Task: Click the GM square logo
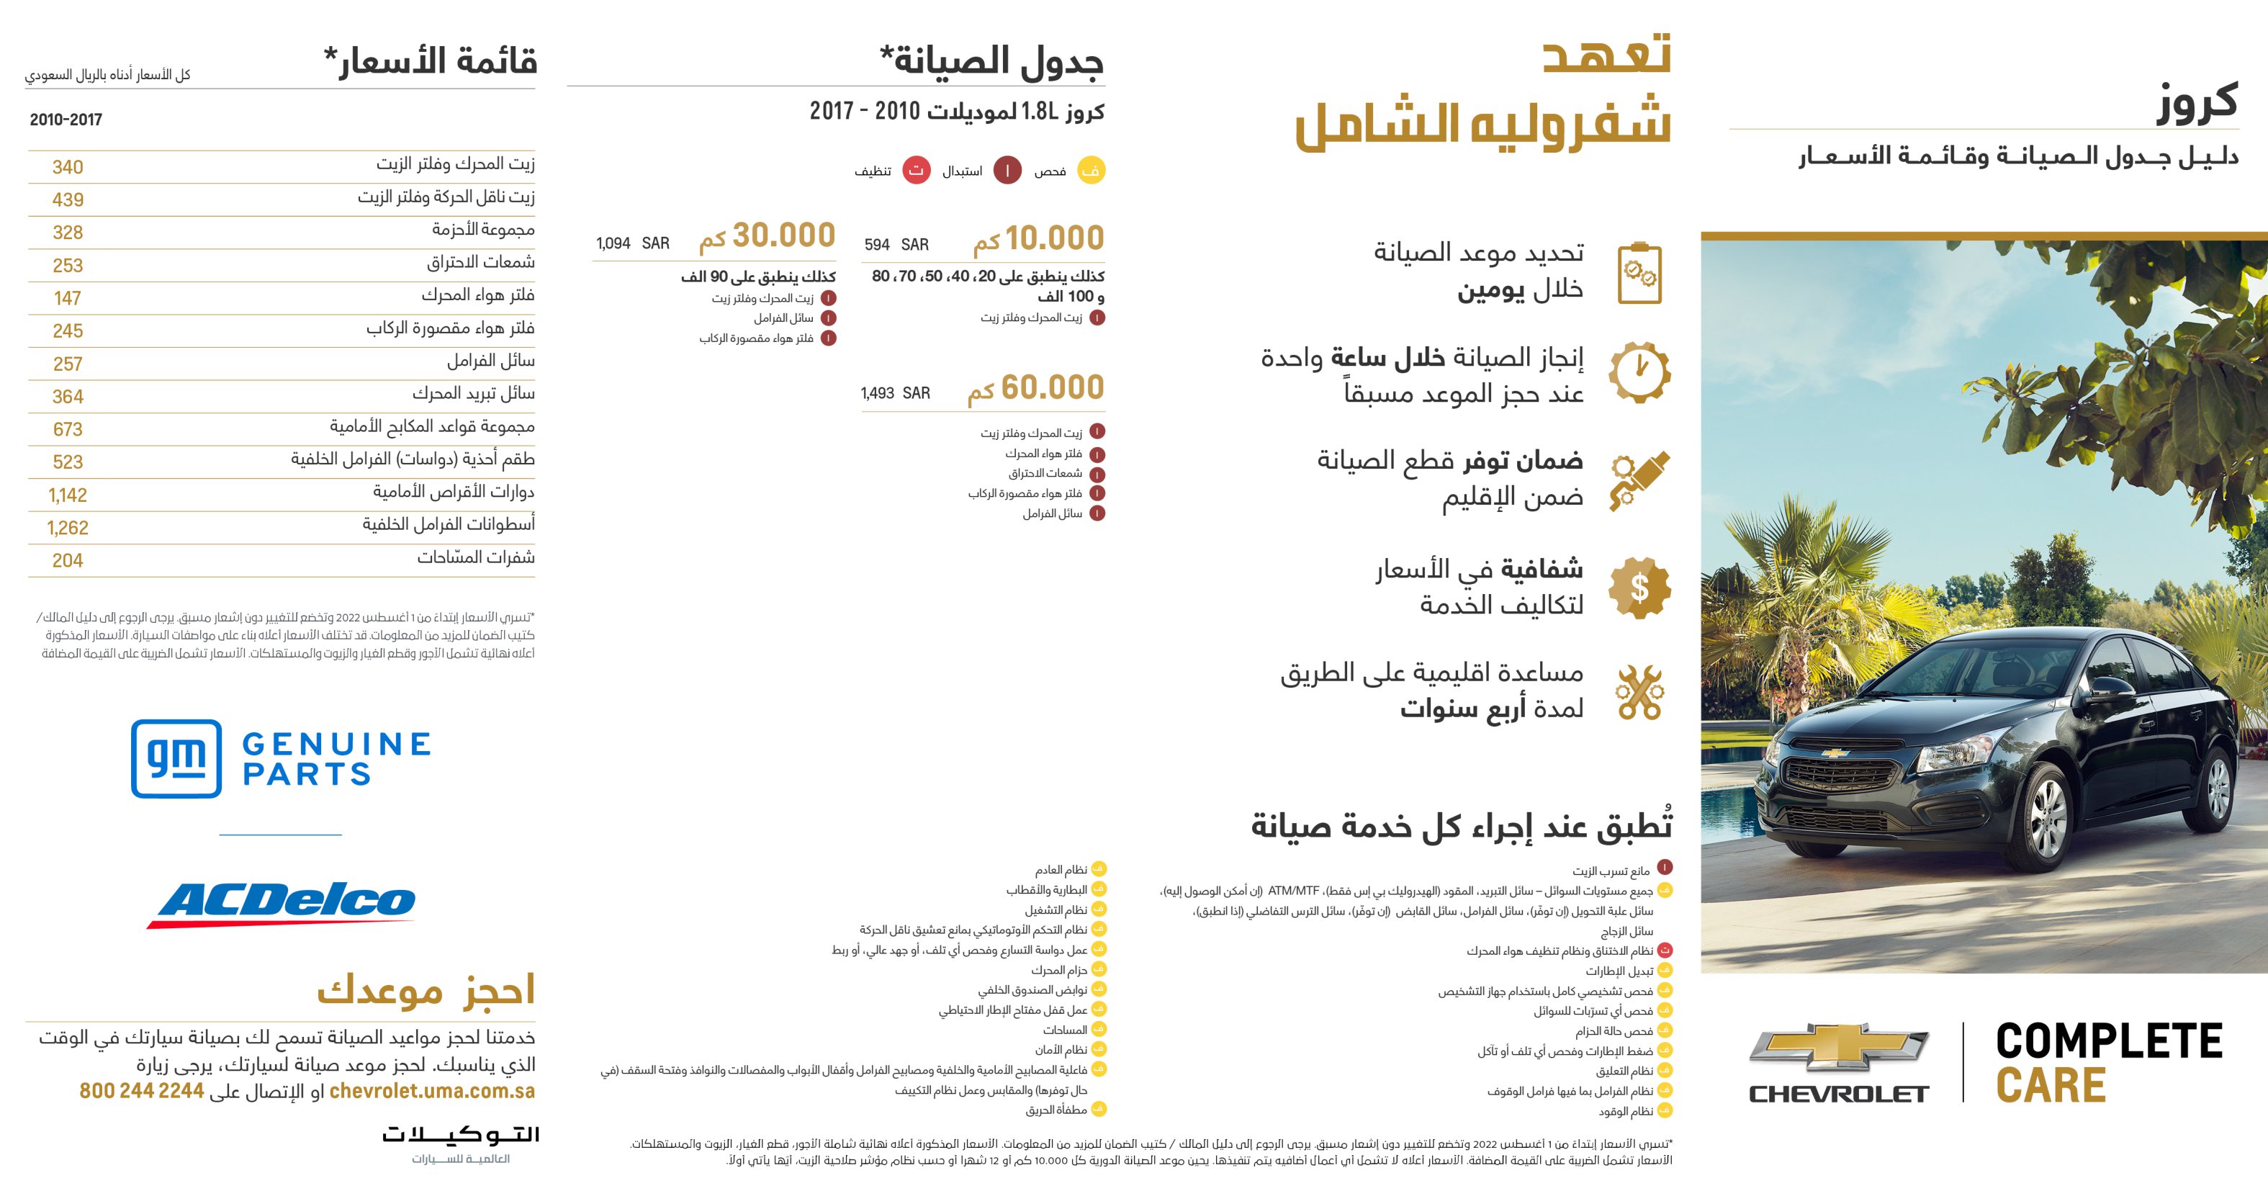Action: coord(176,758)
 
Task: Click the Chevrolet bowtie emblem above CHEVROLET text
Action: coord(1838,1048)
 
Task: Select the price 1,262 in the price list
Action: coord(68,528)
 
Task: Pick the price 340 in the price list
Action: coord(68,167)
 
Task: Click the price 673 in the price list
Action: coord(68,430)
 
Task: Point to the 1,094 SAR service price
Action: coord(632,243)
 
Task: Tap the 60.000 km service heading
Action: coord(1035,388)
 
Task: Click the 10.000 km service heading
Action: coord(1038,238)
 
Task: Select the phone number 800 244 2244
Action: coord(142,1091)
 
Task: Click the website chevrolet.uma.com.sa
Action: coord(431,1091)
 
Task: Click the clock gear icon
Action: coord(1639,372)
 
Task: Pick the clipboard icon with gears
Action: coord(1639,273)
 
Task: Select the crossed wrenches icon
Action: coord(1639,693)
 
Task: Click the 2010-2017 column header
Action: coord(66,120)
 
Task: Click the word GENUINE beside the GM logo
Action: coord(336,745)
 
